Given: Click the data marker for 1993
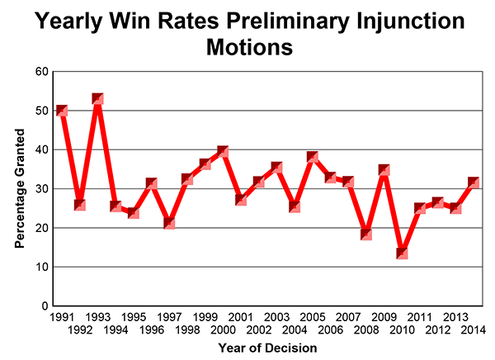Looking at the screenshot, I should pyautogui.click(x=97, y=99).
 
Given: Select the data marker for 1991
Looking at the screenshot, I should pyautogui.click(x=61, y=111).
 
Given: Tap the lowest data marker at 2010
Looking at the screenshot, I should pyautogui.click(x=403, y=253).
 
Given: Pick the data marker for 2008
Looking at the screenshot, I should pyautogui.click(x=366, y=234).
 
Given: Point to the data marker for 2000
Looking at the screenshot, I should pyautogui.click(x=222, y=151).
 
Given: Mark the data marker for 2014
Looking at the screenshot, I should pyautogui.click(x=474, y=182).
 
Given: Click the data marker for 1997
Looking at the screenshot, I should pyautogui.click(x=169, y=222).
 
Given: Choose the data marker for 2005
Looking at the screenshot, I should pyautogui.click(x=313, y=157).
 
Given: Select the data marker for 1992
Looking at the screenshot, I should pyautogui.click(x=80, y=204).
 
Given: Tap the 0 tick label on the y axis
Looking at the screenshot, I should pyautogui.click(x=43, y=306).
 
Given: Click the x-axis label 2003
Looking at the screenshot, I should pyautogui.click(x=277, y=317).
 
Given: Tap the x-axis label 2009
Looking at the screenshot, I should pyautogui.click(x=385, y=317).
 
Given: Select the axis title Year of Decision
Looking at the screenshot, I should pyautogui.click(x=268, y=348).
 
